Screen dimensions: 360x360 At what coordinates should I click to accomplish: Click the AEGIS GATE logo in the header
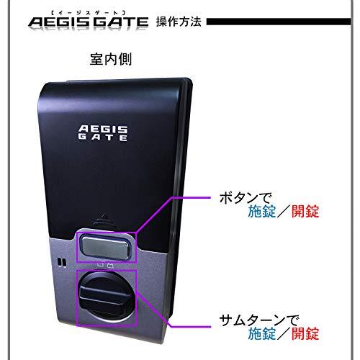(x=89, y=22)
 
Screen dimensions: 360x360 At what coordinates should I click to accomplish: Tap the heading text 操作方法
(x=179, y=22)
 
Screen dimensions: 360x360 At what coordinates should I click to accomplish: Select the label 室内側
(x=111, y=59)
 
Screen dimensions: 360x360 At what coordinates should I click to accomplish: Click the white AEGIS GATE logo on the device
(x=103, y=133)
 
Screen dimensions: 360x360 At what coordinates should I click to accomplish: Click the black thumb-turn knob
(x=105, y=297)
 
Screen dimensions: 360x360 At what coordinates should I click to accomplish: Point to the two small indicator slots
(x=62, y=262)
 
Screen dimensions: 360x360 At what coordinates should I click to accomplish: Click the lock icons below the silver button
(x=106, y=266)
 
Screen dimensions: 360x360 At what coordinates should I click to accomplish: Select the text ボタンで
(x=245, y=198)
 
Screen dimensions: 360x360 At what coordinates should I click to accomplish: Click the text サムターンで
(x=259, y=320)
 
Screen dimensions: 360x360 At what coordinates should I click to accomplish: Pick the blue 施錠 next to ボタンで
(x=261, y=211)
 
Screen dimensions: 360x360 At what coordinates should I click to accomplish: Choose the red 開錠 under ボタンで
(x=305, y=211)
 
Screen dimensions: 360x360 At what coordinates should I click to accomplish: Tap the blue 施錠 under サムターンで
(x=261, y=333)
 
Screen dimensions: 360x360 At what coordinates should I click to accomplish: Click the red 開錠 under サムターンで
(x=305, y=333)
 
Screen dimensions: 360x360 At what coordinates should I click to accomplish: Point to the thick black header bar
(x=279, y=22)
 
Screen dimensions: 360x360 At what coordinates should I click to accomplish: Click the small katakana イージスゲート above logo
(x=89, y=13)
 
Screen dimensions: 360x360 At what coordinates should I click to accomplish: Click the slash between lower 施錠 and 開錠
(x=284, y=333)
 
